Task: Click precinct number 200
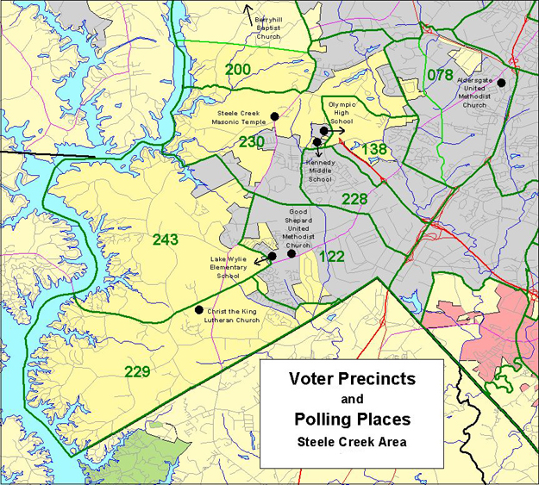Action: coord(239,69)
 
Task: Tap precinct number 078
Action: coord(440,75)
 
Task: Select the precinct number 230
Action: coord(252,142)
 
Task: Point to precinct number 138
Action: coord(373,150)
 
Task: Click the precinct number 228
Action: coord(354,199)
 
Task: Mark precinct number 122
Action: coord(332,257)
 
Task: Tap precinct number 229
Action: coord(137,371)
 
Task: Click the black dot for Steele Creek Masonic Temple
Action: coord(274,116)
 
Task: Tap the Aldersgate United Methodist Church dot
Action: coord(500,83)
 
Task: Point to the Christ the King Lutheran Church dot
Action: coord(199,310)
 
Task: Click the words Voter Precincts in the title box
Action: coord(351,379)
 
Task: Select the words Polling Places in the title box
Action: coord(351,419)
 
